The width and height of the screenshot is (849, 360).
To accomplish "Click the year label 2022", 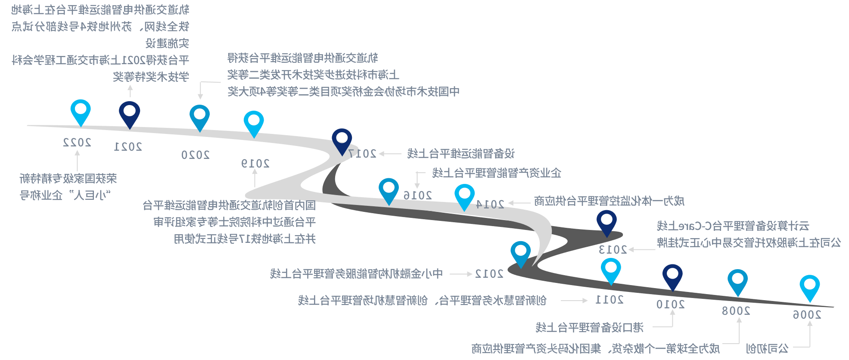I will tap(77, 143).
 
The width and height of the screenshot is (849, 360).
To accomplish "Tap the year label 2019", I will tap(255, 164).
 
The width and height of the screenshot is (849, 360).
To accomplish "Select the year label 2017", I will tap(363, 154).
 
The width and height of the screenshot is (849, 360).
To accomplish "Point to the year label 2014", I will tap(490, 204).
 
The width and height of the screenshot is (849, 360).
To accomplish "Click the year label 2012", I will tap(489, 274).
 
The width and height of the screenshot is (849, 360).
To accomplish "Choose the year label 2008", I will tap(736, 311).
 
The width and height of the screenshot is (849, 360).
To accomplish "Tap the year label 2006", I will tap(807, 315).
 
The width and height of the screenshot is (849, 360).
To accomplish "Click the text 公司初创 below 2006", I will tap(767, 348).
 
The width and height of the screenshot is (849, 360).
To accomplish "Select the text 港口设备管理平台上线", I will tap(589, 328).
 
